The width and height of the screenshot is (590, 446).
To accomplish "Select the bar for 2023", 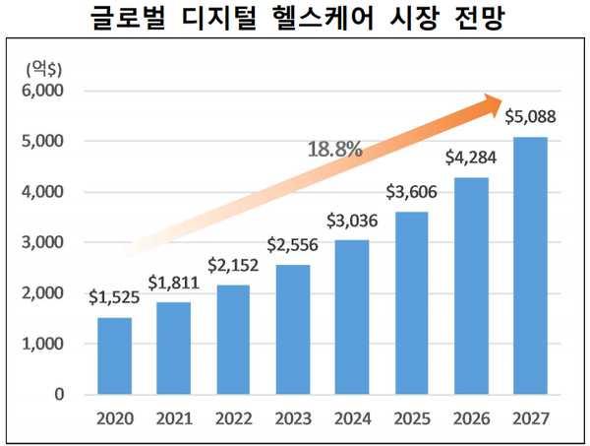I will point(293,330).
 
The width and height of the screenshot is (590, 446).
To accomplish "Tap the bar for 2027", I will point(531,265).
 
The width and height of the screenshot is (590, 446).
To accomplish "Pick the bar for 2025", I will point(412,302).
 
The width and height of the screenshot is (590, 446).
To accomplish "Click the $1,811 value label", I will point(173,284).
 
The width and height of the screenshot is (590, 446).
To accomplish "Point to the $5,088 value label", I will point(531,117).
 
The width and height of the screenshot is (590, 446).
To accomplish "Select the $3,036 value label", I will point(352,222).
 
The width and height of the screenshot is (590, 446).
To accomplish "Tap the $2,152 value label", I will point(233,265).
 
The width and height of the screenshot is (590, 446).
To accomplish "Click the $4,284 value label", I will point(471,158).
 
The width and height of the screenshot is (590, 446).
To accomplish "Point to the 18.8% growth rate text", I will point(334,150).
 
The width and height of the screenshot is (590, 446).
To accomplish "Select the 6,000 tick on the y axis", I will point(42,91).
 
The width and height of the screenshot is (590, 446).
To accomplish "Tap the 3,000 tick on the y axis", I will point(42,242).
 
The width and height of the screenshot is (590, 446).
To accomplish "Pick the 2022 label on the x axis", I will point(233,418).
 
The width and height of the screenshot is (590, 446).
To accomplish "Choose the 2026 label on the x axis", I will point(471,418).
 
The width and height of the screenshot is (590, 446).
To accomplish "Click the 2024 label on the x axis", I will point(352,418).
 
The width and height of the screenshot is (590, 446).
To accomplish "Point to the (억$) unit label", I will point(38,67).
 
